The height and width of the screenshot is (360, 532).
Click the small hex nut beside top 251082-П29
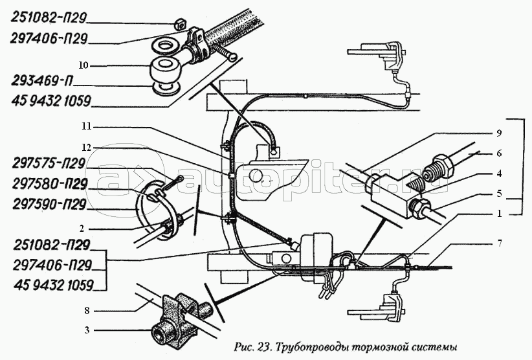point(180,25)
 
